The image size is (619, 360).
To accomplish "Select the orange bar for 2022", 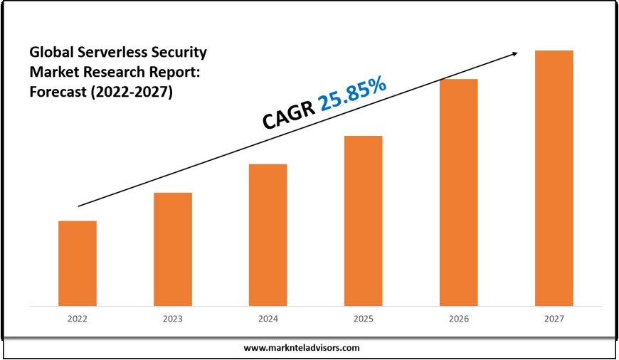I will [77, 263].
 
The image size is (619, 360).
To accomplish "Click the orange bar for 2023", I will [173, 249].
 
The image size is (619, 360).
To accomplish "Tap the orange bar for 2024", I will [268, 235].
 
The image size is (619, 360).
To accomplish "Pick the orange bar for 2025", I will [364, 221].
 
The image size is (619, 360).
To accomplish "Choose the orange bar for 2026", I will [459, 192].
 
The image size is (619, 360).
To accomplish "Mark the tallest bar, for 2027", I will [554, 178].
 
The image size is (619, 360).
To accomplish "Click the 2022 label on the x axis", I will [77, 319].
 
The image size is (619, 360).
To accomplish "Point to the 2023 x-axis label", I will [173, 319].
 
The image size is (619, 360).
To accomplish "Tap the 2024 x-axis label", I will [268, 319].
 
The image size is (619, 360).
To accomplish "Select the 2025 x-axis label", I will [364, 319].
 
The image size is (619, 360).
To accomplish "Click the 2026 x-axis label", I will [459, 319].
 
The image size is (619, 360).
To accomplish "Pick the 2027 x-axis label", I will [554, 319].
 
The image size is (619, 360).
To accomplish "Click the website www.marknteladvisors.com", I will [302, 348].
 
